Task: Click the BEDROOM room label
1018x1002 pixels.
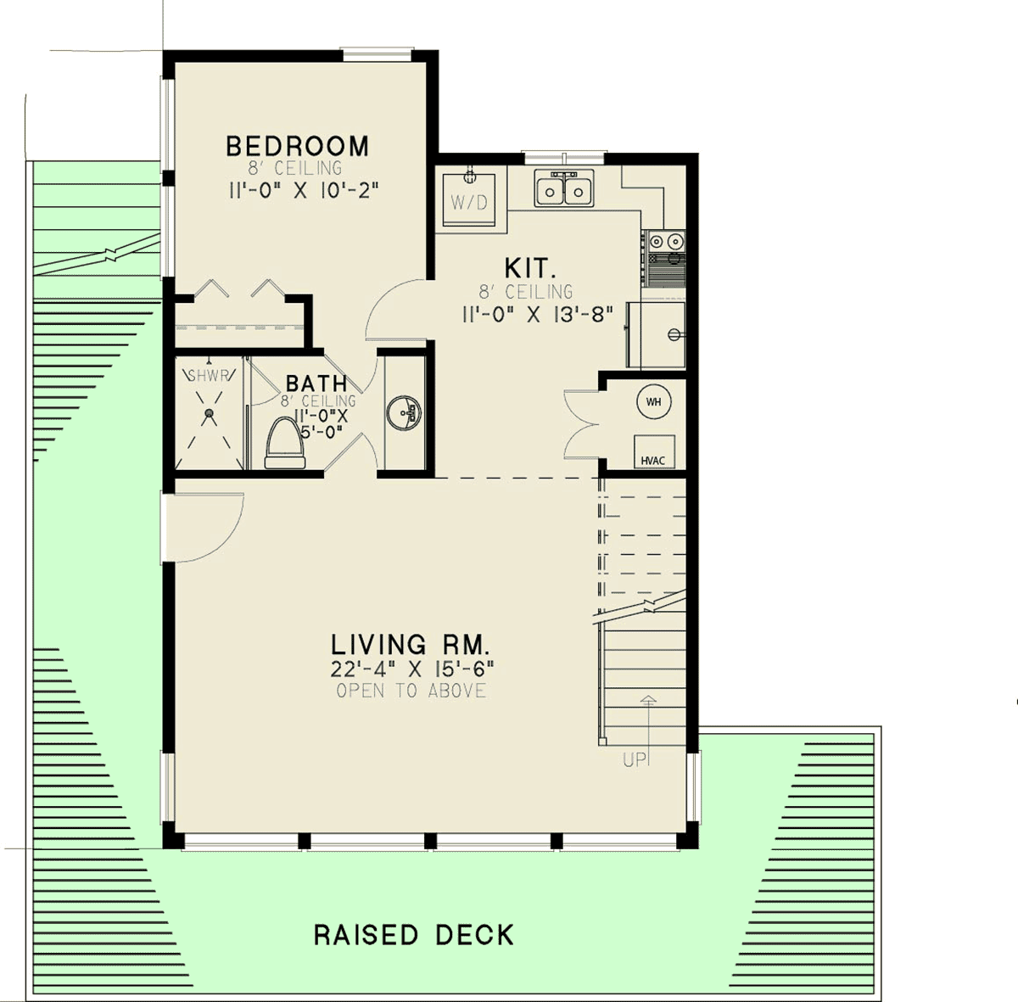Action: (x=298, y=147)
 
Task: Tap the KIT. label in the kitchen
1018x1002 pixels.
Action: (x=530, y=268)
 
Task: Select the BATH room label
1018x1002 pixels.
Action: (x=316, y=383)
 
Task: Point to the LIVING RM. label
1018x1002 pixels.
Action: (x=411, y=645)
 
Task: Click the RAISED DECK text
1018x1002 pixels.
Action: (x=414, y=935)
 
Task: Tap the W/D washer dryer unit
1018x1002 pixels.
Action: (x=469, y=199)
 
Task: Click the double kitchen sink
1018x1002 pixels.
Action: (x=563, y=188)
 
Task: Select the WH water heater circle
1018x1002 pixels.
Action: (x=653, y=401)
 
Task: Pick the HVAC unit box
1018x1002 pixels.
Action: (x=654, y=451)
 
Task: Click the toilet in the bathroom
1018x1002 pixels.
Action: (x=285, y=443)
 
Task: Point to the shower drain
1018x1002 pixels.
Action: (x=210, y=412)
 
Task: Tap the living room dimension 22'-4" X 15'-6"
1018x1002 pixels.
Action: (x=412, y=669)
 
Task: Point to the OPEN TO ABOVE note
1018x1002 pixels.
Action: (x=411, y=691)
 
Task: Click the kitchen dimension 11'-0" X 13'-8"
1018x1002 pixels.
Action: (x=537, y=315)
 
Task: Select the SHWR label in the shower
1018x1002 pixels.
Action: (x=209, y=376)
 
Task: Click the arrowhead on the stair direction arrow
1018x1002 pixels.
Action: (x=648, y=700)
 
